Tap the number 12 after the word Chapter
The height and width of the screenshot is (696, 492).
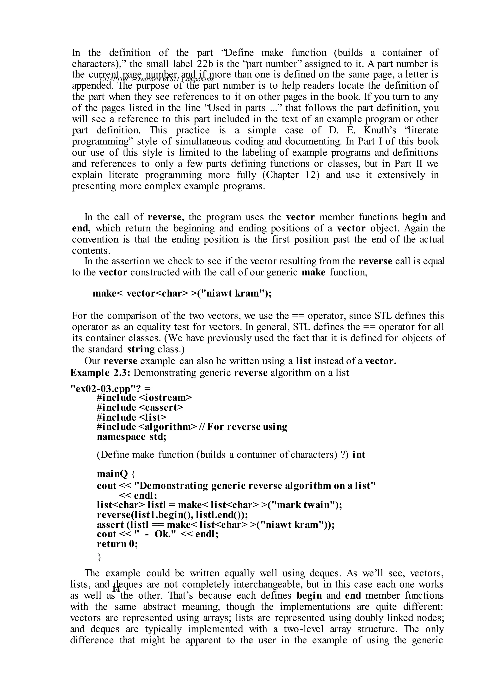pos(311,175)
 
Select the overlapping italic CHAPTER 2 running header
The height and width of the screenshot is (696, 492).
pos(157,79)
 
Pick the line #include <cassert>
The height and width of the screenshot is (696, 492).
pos(140,407)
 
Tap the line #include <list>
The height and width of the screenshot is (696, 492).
pos(131,417)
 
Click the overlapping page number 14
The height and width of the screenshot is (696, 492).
pos(116,589)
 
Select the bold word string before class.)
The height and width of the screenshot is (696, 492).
pos(141,349)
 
